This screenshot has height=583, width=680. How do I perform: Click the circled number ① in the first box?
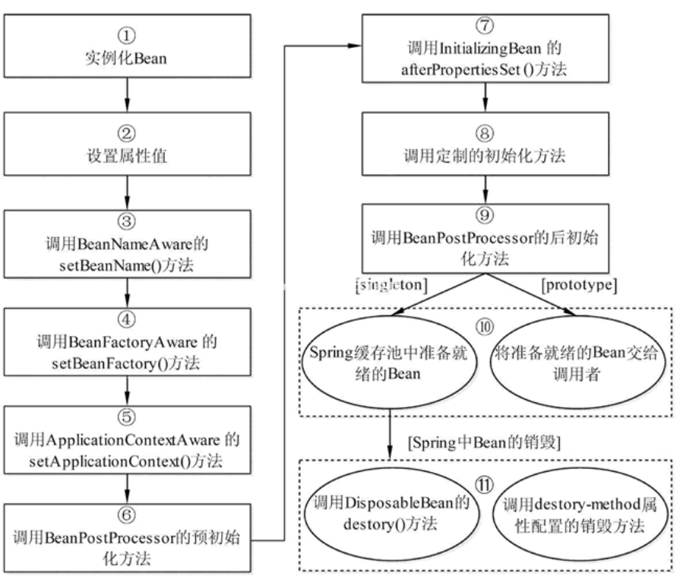127,35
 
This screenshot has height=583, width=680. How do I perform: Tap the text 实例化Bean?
126,58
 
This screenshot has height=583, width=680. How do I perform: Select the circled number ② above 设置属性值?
127,133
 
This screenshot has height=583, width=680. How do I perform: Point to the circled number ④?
127,319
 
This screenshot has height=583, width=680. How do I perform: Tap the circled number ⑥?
127,515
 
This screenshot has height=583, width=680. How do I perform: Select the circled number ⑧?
485,133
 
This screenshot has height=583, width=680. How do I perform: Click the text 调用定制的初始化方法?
485,155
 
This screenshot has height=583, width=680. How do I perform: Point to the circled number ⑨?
485,215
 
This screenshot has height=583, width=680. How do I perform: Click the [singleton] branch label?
391,285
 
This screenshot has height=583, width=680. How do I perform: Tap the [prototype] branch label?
579,285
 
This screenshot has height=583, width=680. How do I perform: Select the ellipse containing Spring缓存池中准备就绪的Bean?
390,363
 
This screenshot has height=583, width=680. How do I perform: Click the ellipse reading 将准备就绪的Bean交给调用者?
577,363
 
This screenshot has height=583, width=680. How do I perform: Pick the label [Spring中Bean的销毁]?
484,443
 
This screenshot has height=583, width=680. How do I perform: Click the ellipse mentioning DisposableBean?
392,515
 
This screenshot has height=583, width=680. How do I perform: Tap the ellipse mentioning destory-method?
580,515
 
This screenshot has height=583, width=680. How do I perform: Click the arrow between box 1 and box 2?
127,95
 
